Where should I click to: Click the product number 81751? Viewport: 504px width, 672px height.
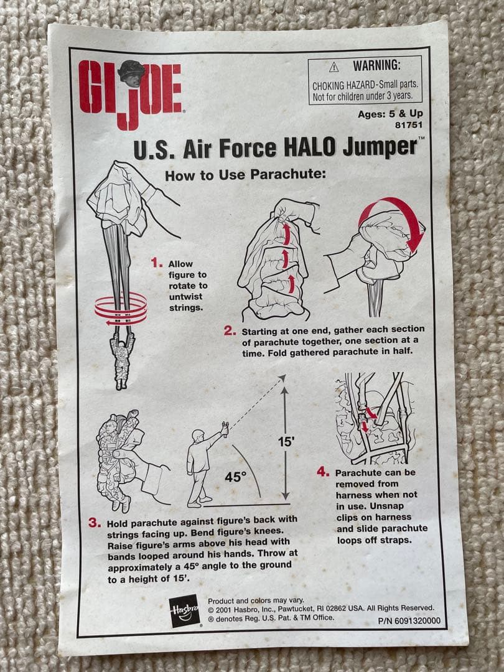point(409,124)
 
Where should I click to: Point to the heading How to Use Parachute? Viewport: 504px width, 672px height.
point(245,175)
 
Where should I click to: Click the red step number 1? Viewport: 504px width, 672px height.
point(156,262)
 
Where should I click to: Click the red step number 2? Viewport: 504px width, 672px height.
point(230,330)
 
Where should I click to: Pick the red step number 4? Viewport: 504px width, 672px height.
point(322,472)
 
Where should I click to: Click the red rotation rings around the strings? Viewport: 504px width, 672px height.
point(121,310)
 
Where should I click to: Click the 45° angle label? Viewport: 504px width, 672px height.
point(235,477)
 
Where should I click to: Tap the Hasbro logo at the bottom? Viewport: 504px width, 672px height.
point(185,610)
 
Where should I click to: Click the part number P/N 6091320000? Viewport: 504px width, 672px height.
point(409,620)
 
